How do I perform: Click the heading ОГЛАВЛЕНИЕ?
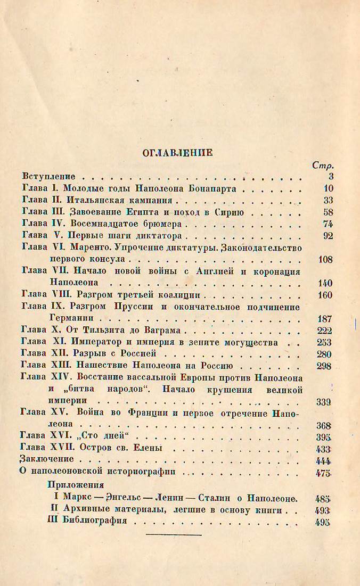[177, 153]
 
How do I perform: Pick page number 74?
[328, 224]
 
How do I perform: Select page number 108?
[324, 260]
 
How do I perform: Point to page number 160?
[324, 295]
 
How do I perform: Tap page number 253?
[324, 342]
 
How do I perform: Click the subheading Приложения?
[75, 485]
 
